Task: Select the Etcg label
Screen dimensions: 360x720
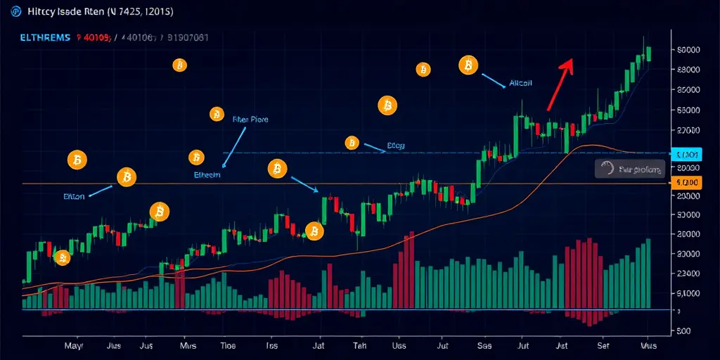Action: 397,146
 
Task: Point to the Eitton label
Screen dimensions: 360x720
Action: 73,197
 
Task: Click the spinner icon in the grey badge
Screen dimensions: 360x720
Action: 608,168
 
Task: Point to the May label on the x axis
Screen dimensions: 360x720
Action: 73,346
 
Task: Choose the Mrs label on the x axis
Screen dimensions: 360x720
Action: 188,346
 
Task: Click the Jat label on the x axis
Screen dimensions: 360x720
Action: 316,346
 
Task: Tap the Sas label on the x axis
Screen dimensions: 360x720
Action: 484,346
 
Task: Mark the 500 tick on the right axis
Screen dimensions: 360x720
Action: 682,330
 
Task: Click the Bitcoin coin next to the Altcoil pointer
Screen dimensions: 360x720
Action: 468,66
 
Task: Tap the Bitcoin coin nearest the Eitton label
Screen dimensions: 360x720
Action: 127,177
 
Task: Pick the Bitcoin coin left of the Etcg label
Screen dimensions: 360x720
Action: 352,143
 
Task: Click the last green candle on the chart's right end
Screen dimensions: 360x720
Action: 648,53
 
